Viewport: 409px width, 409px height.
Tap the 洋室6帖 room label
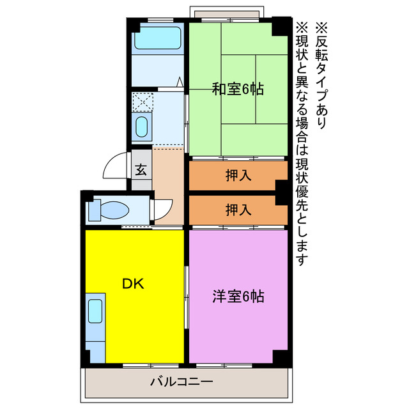(238, 297)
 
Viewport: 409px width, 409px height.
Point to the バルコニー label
(181, 382)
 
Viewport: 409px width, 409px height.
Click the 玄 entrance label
(141, 171)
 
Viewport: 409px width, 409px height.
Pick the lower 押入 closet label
(238, 209)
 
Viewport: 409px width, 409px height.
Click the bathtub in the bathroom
(158, 36)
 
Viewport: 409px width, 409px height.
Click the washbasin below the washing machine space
(142, 125)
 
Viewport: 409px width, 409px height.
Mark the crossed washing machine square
(142, 100)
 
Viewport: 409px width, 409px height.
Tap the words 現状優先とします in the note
(302, 211)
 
